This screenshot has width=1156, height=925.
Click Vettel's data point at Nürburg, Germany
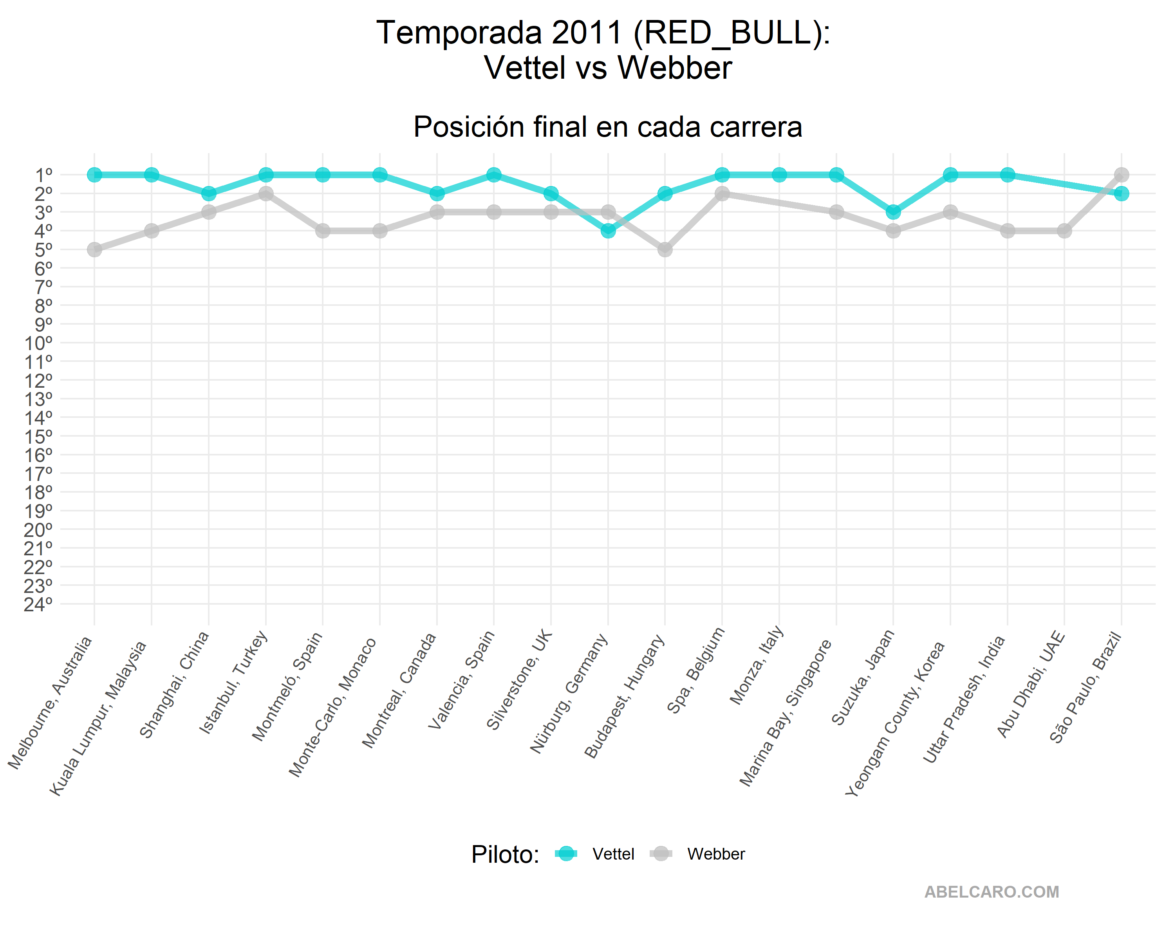tap(608, 231)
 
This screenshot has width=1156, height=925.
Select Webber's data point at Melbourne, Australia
tap(94, 249)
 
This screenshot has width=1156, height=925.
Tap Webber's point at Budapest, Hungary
tap(665, 249)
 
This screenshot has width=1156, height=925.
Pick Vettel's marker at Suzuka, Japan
tap(893, 212)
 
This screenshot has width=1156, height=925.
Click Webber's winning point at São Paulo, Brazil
tap(1121, 175)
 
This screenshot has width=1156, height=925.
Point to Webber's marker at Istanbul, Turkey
tap(266, 193)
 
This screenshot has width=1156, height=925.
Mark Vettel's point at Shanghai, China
tap(209, 193)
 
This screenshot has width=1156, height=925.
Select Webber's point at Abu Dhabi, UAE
tap(1064, 231)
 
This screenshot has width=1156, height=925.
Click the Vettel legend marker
tap(566, 854)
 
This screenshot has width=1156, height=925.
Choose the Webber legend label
tap(716, 854)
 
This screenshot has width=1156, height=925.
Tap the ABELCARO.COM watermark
tap(992, 892)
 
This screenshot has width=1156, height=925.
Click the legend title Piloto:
tap(505, 854)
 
